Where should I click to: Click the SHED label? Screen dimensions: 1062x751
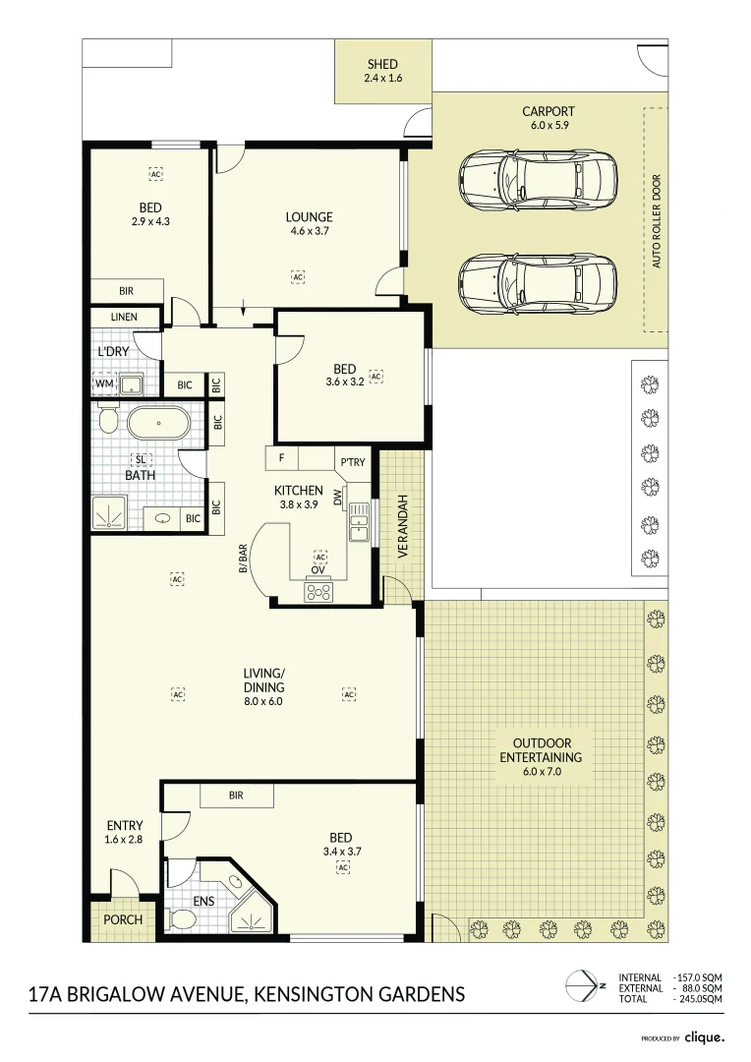pos(383,65)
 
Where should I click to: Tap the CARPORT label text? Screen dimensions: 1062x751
pos(549,112)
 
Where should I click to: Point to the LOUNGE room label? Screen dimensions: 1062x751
pos(309,217)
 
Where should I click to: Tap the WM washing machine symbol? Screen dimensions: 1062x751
pos(103,383)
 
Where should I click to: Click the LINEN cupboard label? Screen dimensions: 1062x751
pos(124,318)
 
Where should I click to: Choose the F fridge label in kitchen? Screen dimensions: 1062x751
pos(281,458)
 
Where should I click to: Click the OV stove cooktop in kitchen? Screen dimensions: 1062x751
pos(318,590)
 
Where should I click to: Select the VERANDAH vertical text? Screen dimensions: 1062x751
pos(401,527)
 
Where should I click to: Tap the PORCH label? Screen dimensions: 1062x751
pos(123,920)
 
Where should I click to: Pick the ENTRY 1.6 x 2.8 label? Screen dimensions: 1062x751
pos(125,832)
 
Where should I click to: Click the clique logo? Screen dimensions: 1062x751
pos(704,1037)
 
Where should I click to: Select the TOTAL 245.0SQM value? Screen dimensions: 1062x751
pos(700,999)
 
